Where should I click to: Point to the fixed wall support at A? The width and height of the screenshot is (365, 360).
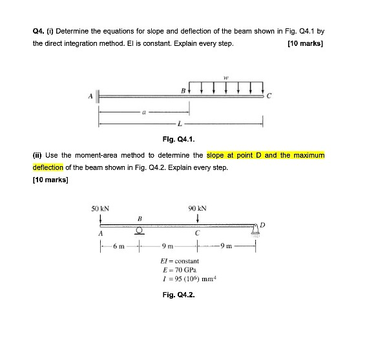98,96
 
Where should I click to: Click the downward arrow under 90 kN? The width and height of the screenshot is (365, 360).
197,218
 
